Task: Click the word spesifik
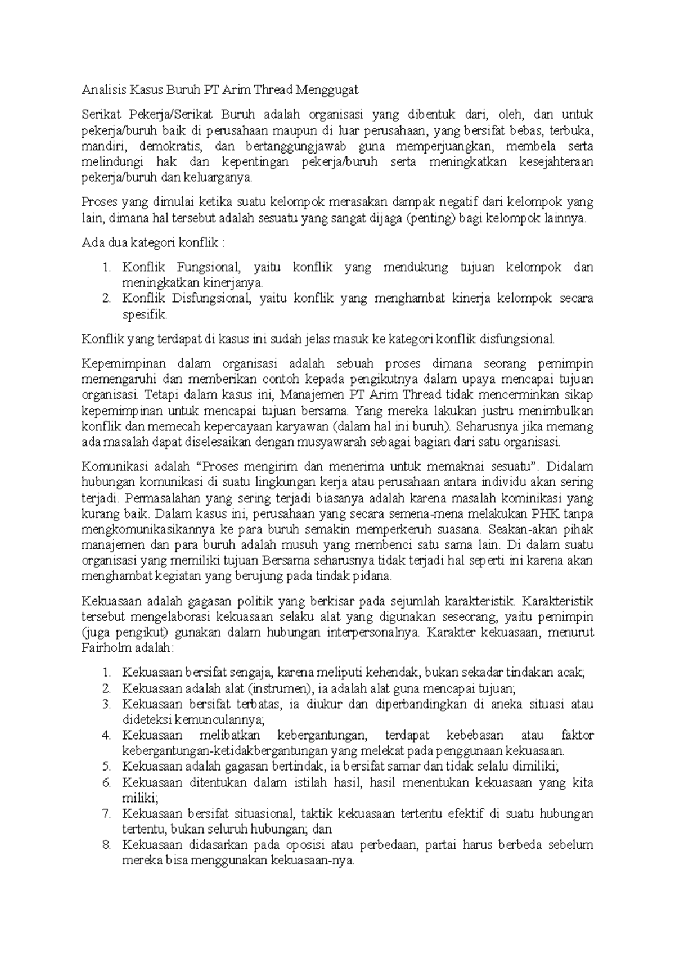145,314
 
